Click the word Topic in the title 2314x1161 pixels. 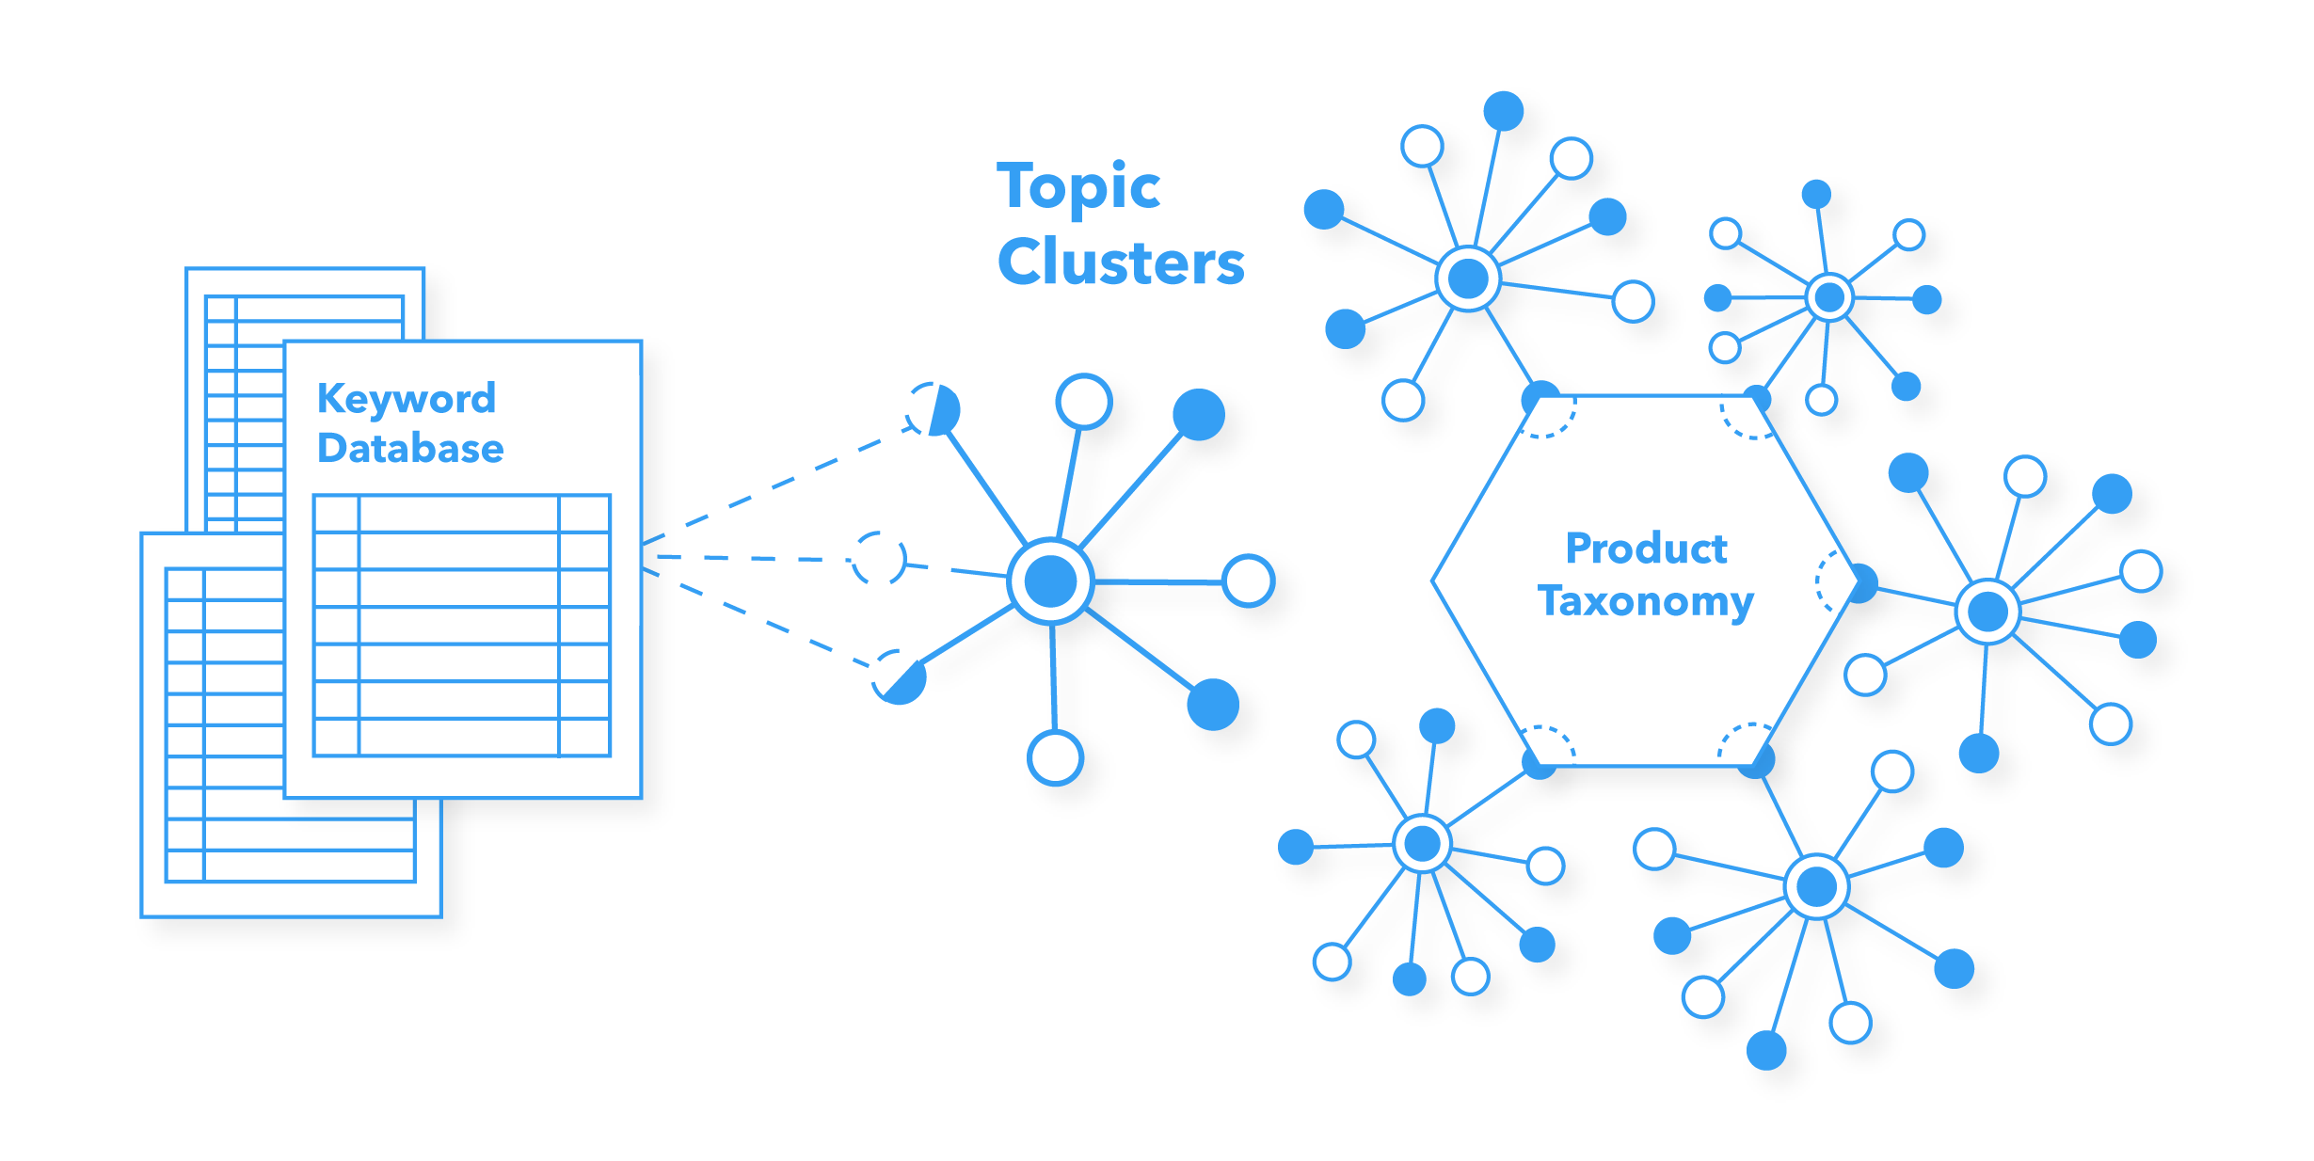pyautogui.click(x=1078, y=187)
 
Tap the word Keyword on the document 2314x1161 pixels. pyautogui.click(x=406, y=399)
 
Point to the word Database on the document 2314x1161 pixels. pyautogui.click(x=410, y=448)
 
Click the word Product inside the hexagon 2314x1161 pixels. pyautogui.click(x=1646, y=548)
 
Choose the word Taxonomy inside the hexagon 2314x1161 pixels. pyautogui.click(x=1645, y=600)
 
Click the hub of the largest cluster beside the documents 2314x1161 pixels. pyautogui.click(x=1050, y=581)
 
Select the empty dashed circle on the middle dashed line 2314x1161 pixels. pyautogui.click(x=879, y=559)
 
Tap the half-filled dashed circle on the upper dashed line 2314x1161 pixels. pyautogui.click(x=933, y=409)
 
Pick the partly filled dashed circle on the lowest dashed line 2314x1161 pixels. pyautogui.click(x=898, y=676)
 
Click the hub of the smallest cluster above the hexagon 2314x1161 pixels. pyautogui.click(x=1829, y=297)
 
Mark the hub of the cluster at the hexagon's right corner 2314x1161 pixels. pyautogui.click(x=1987, y=612)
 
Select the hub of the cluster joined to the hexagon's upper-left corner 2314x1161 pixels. pyautogui.click(x=1468, y=278)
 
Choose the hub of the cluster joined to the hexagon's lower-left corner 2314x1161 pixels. pyautogui.click(x=1422, y=844)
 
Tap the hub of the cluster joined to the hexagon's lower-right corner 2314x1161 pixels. pyautogui.click(x=1816, y=886)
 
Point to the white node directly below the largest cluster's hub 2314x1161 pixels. pyautogui.click(x=1055, y=757)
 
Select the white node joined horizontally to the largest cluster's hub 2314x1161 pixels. pyautogui.click(x=1249, y=580)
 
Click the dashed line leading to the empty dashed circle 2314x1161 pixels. pyautogui.click(x=753, y=558)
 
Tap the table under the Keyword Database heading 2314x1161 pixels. pyautogui.click(x=461, y=625)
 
